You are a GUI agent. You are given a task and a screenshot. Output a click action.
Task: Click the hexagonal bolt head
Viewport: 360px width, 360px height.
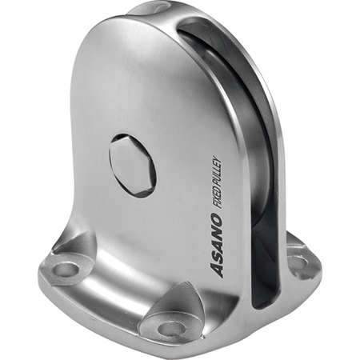pos(133,166)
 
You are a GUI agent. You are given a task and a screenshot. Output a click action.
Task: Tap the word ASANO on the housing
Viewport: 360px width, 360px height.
pos(216,245)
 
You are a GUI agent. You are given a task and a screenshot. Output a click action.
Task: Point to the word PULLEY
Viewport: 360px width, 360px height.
pos(218,169)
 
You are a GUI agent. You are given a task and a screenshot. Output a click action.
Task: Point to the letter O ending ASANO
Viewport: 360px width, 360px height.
pos(216,219)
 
